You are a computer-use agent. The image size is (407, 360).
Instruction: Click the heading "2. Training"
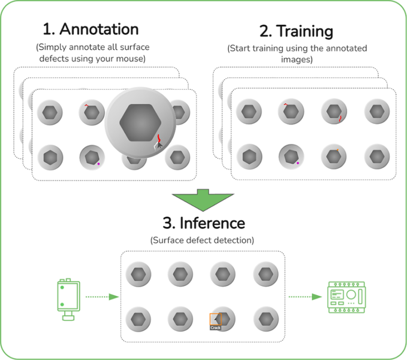click(x=297, y=31)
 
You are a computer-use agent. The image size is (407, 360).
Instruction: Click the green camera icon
click(x=66, y=297)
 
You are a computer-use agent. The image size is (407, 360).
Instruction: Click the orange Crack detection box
click(x=216, y=320)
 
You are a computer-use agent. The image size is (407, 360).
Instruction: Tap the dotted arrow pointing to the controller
click(x=305, y=297)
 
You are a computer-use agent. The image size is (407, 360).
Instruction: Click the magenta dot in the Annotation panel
click(x=98, y=164)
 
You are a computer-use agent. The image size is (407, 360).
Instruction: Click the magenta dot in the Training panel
click(x=298, y=163)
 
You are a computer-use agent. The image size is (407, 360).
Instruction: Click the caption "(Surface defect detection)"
click(x=202, y=240)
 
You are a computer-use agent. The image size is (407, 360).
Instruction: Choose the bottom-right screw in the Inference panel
click(x=266, y=318)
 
